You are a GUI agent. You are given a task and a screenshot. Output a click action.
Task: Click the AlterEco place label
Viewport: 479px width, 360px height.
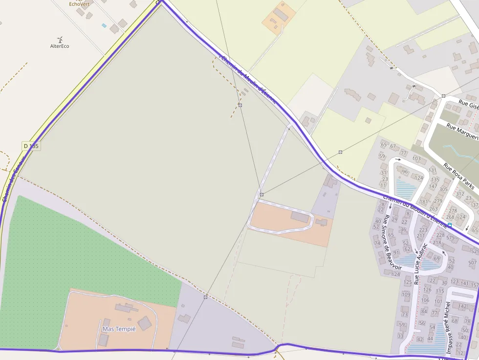tap(60, 46)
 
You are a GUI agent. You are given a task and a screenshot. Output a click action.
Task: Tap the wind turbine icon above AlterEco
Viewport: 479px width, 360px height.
tap(60, 39)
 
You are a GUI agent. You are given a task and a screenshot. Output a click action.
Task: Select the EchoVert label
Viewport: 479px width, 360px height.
tap(79, 4)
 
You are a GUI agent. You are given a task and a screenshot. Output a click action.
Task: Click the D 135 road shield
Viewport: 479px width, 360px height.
tap(30, 146)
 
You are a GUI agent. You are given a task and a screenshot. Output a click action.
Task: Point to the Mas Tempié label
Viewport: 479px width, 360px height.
tap(119, 329)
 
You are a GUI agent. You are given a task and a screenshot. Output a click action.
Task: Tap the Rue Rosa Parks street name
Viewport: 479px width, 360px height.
tap(459, 176)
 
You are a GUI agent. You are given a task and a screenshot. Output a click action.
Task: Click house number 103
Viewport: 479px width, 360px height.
tap(416, 158)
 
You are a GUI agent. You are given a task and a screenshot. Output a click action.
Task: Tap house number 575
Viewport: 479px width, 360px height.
tap(450, 238)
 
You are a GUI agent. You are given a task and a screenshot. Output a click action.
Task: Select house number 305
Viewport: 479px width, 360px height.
tap(443, 189)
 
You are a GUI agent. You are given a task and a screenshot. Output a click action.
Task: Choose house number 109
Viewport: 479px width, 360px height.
tap(406, 294)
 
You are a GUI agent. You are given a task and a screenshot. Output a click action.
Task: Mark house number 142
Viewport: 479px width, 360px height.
tap(462, 306)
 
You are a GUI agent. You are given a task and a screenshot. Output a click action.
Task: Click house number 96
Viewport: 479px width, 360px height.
tap(404, 171)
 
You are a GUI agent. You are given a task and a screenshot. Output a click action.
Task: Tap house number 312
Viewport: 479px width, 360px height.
tap(459, 194)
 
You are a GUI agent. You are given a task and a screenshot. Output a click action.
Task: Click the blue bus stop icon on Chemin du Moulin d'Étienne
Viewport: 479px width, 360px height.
tap(449, 225)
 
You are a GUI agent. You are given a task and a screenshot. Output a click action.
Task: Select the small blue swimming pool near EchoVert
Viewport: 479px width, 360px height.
tap(104, 25)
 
